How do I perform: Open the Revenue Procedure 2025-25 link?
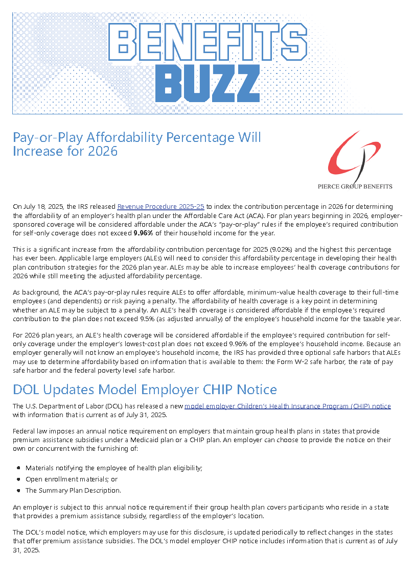tap(160, 207)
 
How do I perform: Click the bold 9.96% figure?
tap(143, 233)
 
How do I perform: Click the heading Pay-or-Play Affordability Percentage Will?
tap(137, 137)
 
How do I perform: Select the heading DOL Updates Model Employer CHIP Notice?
tap(145, 390)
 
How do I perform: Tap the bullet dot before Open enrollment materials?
tap(19, 479)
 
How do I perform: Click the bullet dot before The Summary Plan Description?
tap(19, 491)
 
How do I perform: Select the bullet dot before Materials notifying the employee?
tap(19, 468)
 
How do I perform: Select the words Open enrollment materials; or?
tap(72, 479)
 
